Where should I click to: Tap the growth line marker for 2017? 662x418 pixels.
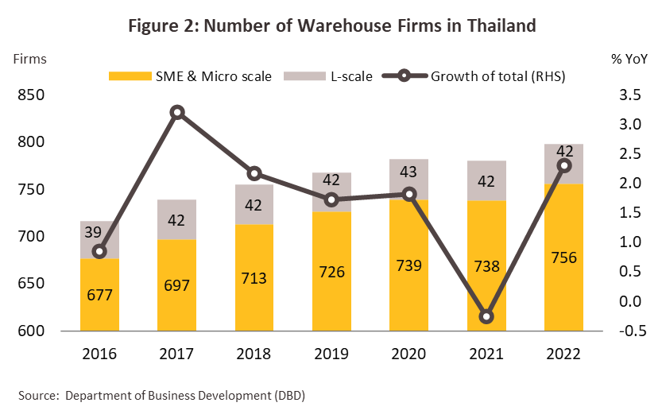click(x=177, y=112)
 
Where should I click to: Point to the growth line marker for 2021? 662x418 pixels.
click(x=486, y=316)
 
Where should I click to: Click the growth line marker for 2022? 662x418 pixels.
click(x=563, y=165)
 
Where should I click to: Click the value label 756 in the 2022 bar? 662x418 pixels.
click(x=563, y=257)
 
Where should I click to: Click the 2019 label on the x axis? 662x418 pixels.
click(x=331, y=353)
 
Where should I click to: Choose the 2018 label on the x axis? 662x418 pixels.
click(x=254, y=353)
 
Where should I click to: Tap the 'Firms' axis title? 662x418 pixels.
click(x=29, y=58)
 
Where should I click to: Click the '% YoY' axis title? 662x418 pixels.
click(x=628, y=58)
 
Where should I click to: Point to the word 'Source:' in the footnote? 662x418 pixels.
click(x=37, y=395)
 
